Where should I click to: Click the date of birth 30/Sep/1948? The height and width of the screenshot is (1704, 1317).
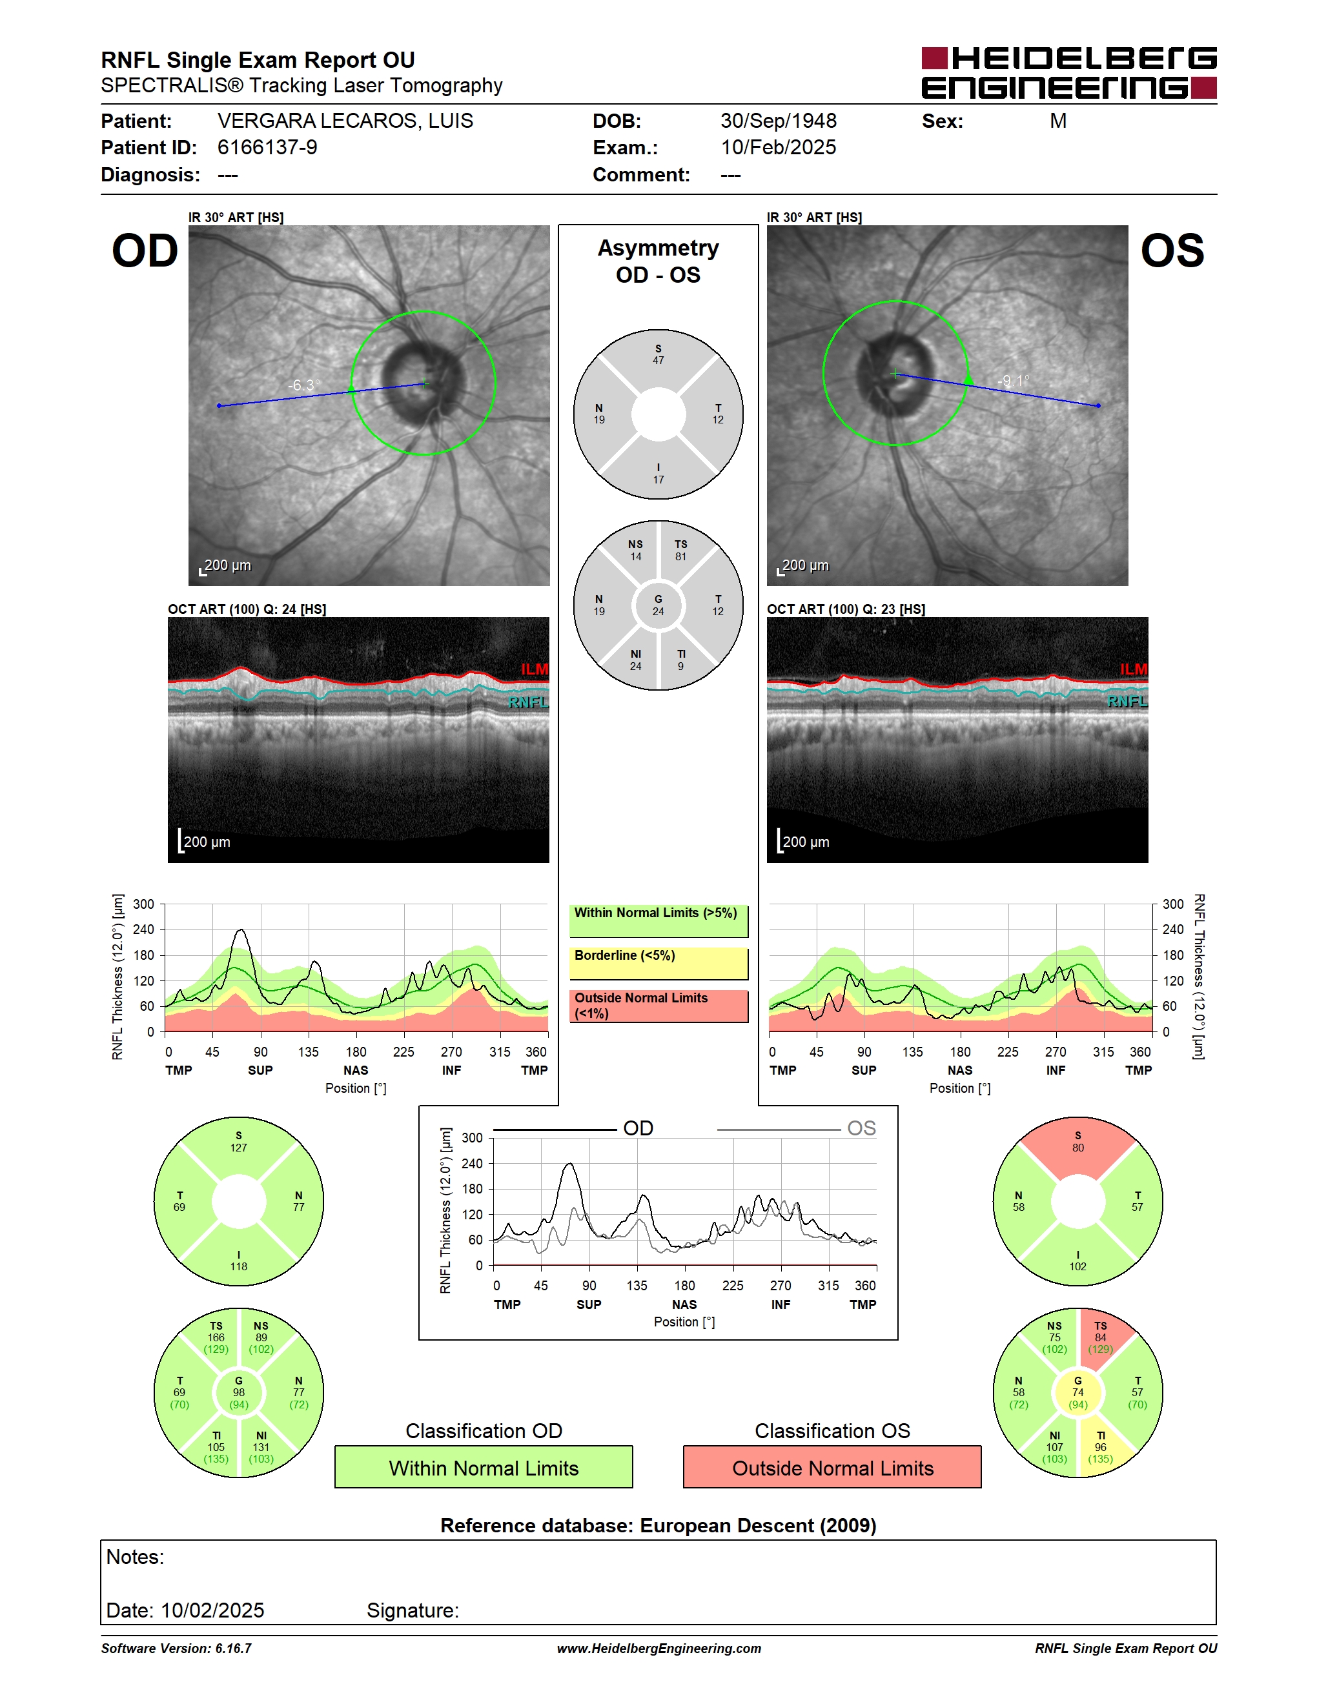point(778,121)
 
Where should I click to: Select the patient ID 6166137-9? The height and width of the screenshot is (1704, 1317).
point(267,147)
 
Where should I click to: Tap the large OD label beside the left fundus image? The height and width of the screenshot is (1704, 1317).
point(145,251)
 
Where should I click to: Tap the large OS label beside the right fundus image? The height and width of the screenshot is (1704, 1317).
point(1172,251)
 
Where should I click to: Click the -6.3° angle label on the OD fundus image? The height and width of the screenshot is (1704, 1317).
point(303,385)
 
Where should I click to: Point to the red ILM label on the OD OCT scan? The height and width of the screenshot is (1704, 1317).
point(535,669)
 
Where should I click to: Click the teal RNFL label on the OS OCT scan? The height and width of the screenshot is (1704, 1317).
point(1127,702)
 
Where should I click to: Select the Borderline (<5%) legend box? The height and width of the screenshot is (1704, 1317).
point(658,964)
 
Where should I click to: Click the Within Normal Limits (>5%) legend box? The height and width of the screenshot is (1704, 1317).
point(658,920)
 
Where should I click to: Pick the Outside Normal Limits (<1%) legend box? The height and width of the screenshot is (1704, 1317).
point(658,1006)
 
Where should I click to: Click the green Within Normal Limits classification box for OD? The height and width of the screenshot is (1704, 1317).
point(484,1468)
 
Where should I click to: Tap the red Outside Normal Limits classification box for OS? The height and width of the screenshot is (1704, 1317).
point(833,1468)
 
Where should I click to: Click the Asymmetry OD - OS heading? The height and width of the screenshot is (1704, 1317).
point(658,261)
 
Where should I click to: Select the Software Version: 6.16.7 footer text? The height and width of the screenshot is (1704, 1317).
point(176,1648)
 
